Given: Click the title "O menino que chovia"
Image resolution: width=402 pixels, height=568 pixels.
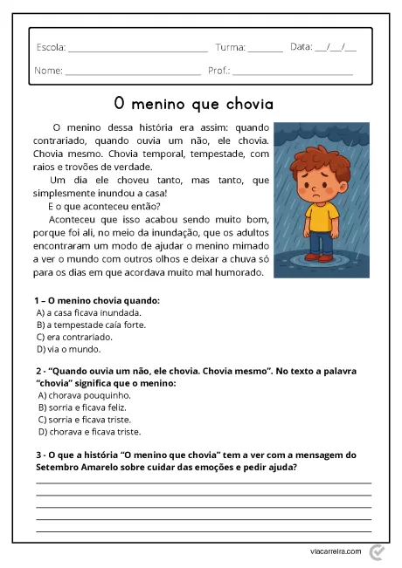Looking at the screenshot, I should click(193, 104).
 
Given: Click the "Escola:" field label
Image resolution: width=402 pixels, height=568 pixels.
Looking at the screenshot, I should click(51, 47).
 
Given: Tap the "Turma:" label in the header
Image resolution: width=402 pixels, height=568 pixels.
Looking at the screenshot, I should click(230, 47).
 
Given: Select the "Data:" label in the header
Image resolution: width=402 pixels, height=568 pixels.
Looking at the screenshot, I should click(301, 46).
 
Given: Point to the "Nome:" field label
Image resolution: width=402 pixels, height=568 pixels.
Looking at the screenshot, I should click(49, 70).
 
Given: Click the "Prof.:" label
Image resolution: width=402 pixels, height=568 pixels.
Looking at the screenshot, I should click(219, 70).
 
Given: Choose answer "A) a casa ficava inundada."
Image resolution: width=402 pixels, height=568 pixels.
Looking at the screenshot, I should click(88, 312).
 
